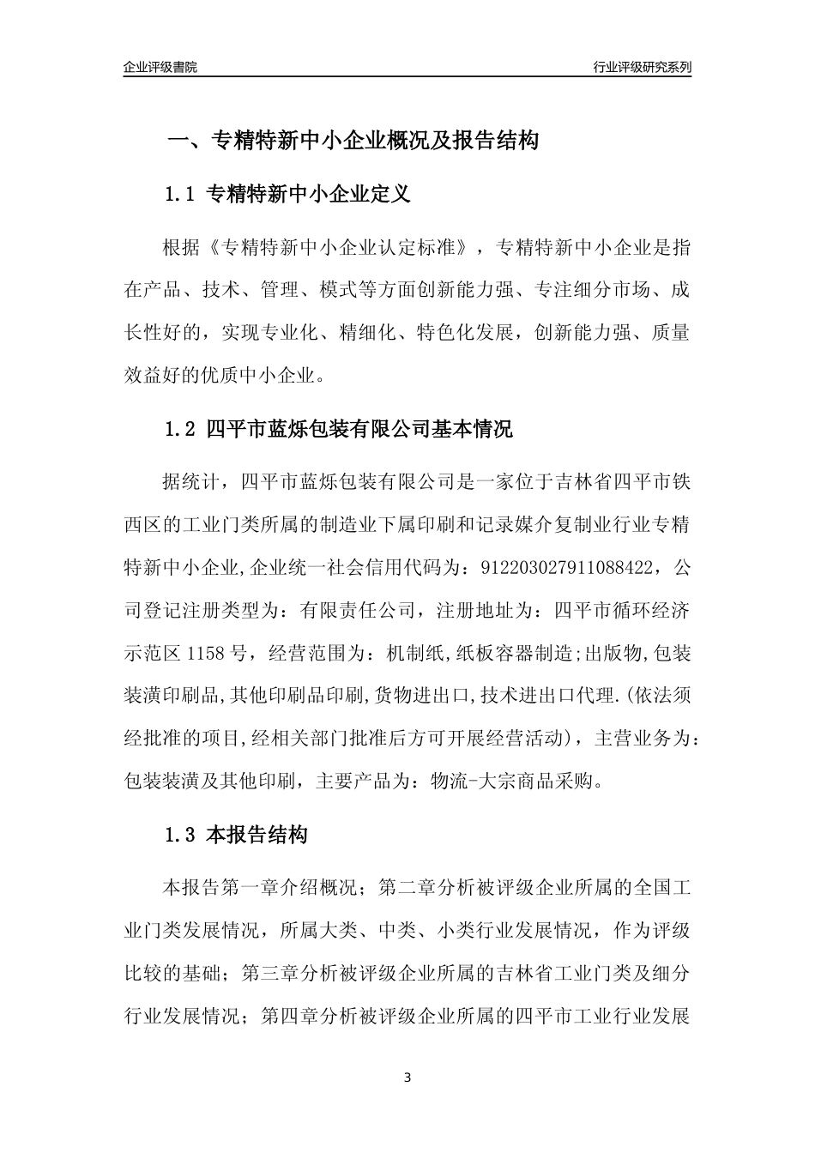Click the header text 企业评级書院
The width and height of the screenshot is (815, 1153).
click(160, 67)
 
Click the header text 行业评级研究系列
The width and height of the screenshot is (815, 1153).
click(642, 67)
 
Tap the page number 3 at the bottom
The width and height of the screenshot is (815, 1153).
click(407, 1078)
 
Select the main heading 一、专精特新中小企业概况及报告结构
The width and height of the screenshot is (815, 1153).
click(352, 141)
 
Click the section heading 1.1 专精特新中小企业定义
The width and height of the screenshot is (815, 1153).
click(287, 195)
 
